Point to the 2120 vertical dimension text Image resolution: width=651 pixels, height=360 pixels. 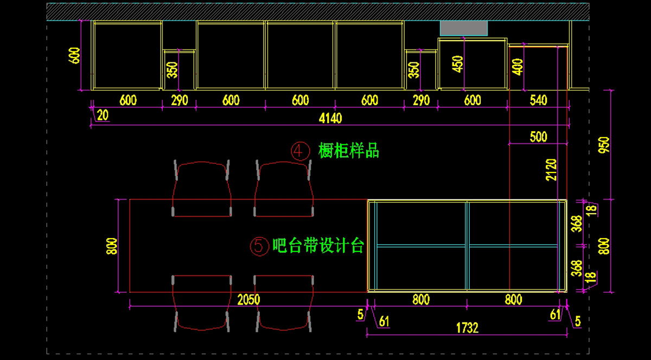(x=552, y=170)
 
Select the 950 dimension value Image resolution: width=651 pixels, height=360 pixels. (x=605, y=145)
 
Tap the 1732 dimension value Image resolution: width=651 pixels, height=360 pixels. (x=467, y=328)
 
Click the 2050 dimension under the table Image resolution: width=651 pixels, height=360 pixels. (x=248, y=299)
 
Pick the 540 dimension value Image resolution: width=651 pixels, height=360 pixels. (x=538, y=100)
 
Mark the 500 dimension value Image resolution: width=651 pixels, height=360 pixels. (x=538, y=137)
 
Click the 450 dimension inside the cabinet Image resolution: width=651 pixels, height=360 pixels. (x=458, y=64)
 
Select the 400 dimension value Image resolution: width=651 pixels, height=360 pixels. (x=518, y=67)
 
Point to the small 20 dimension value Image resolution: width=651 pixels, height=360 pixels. (x=102, y=115)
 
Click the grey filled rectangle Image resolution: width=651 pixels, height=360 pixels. (x=463, y=28)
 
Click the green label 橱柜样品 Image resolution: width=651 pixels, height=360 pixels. (x=349, y=151)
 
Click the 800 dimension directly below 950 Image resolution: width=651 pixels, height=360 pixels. (x=605, y=246)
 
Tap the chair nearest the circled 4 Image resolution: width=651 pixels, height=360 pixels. (x=284, y=187)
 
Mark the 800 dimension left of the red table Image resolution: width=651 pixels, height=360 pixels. (x=111, y=246)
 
